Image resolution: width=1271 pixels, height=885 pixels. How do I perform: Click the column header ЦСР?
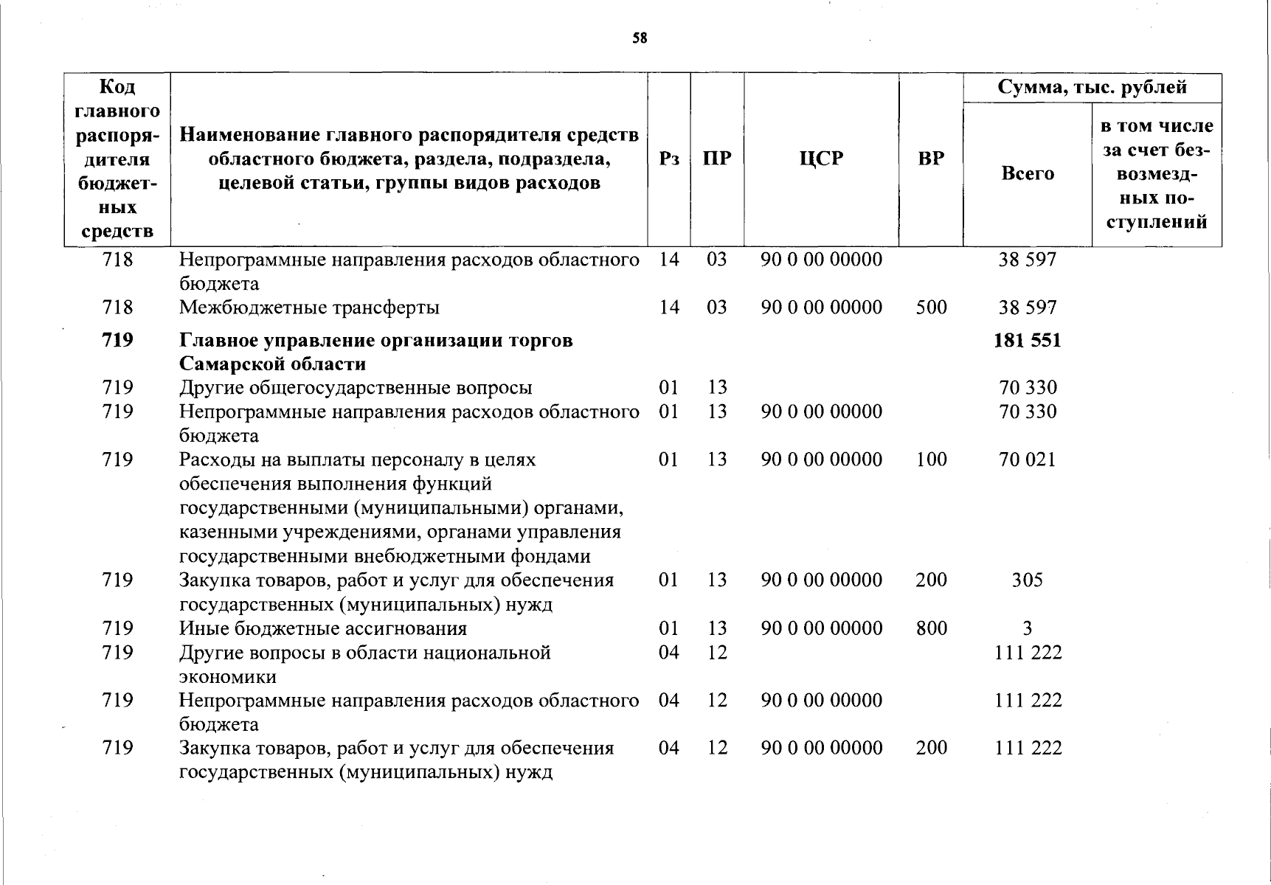coord(820,159)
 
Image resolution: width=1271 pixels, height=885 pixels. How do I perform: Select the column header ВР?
coord(931,159)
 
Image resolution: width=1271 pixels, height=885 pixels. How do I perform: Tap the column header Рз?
coord(668,159)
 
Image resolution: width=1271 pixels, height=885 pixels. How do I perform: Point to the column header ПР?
coord(716,159)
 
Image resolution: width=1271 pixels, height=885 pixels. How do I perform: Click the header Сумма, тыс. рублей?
coord(1092,88)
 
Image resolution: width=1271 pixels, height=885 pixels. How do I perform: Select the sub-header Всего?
coord(1027,174)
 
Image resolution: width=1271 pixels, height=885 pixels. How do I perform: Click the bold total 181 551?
coord(1027,341)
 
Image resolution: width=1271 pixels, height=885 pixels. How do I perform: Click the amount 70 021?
coord(1027,460)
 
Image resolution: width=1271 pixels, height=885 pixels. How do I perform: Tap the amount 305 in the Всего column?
coord(1027,580)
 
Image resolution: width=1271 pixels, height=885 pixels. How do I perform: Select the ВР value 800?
coord(931,628)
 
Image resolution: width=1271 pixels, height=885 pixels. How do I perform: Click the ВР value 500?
coord(931,308)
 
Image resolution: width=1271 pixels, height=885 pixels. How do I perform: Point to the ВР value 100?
coord(931,460)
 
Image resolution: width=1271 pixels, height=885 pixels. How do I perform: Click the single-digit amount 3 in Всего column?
coord(1027,628)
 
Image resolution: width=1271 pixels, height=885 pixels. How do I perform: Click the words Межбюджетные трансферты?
coord(309,308)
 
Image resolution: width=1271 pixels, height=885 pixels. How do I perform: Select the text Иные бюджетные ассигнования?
coord(323,628)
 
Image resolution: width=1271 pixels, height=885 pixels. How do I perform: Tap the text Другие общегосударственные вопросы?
coord(356,388)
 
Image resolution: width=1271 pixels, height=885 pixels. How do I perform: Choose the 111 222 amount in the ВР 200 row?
coord(1028,749)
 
